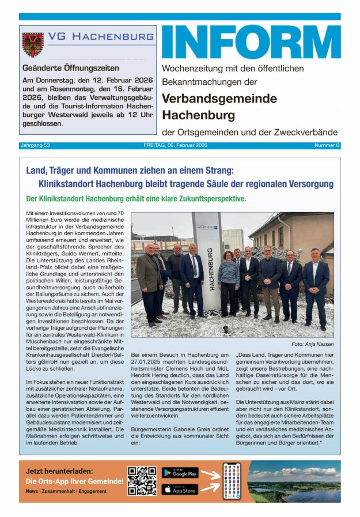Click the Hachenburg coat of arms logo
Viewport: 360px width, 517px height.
32,45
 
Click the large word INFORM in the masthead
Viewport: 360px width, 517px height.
251,42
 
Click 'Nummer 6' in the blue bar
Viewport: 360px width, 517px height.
327,145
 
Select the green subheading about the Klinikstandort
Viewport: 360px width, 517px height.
137,199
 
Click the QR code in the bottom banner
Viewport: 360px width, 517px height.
142,481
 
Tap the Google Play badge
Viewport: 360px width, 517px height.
180,473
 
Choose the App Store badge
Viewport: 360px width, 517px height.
180,489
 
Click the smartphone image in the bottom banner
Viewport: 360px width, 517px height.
232,481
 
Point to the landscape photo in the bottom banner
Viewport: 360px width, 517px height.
294,481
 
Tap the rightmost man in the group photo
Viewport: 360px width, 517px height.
316,285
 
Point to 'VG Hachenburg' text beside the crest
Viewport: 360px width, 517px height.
101,37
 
